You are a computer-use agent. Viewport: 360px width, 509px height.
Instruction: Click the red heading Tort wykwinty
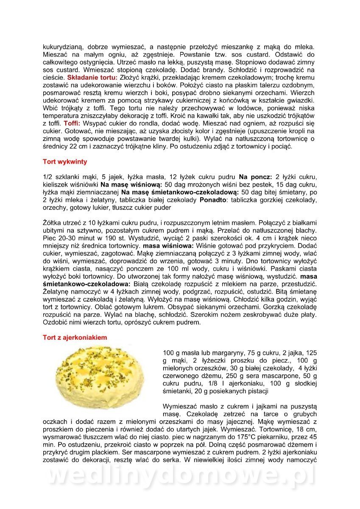(65, 162)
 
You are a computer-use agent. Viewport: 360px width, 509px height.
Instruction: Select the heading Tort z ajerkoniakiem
(75, 338)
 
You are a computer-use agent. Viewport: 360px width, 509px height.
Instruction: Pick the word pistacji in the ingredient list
(256, 391)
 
